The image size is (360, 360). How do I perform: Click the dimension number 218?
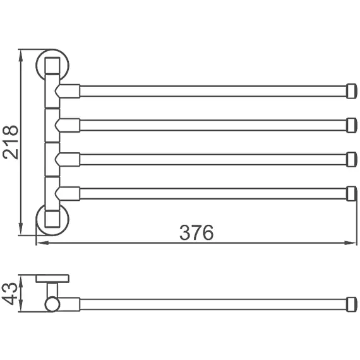[x=11, y=142]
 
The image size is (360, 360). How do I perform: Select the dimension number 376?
[x=196, y=232]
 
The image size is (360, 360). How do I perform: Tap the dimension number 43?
[x=9, y=294]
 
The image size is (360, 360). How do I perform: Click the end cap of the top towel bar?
[x=352, y=91]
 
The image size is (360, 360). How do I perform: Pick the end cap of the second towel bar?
[x=352, y=125]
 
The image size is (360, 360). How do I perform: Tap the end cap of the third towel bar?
[x=352, y=159]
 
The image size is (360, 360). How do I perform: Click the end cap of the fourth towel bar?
[x=352, y=193]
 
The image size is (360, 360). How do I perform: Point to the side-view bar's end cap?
[x=352, y=304]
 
